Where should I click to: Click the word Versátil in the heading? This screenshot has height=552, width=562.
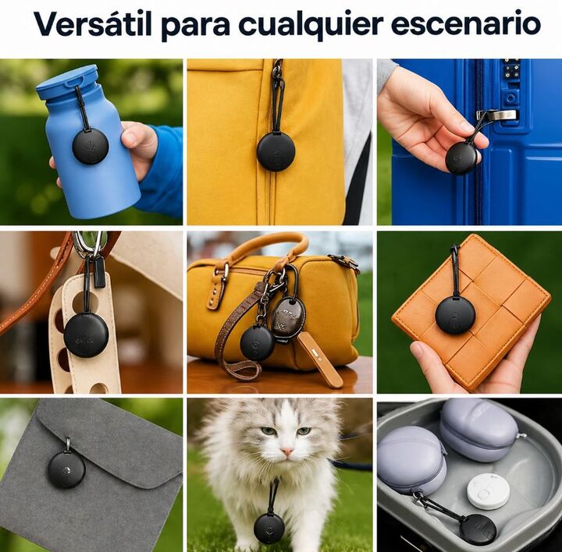[x=93, y=24]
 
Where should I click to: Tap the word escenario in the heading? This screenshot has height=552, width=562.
[x=465, y=24]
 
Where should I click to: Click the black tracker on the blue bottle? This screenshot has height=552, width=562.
[x=90, y=147]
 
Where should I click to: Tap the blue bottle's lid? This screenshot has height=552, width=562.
[x=67, y=82]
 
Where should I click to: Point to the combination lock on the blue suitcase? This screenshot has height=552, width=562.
[x=512, y=69]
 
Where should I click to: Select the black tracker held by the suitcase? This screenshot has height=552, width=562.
[x=461, y=158]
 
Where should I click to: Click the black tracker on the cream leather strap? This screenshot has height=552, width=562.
[x=86, y=336]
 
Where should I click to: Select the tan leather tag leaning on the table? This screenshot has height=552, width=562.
[x=319, y=359]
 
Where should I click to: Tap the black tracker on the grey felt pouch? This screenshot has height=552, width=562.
[x=66, y=469]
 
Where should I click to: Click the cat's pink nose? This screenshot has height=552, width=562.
[x=286, y=452]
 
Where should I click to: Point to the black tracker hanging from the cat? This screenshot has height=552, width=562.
[x=269, y=529]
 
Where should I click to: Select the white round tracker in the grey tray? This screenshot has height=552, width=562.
[x=488, y=491]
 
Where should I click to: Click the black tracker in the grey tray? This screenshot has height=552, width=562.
[x=478, y=530]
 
